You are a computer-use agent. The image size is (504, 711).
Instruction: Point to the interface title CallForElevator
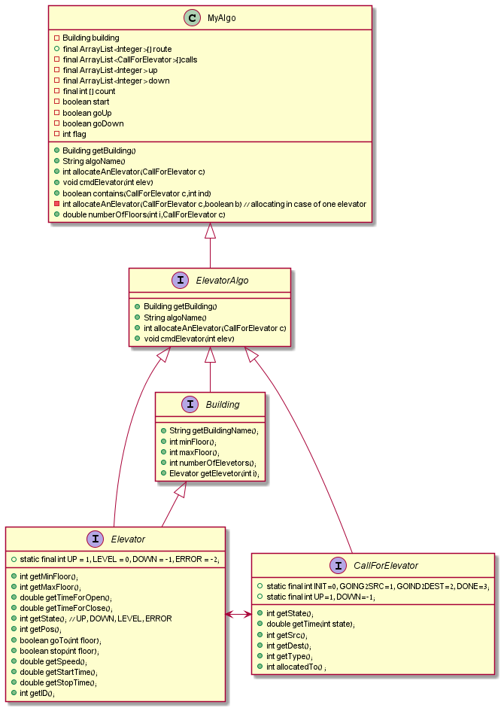click(x=385, y=566)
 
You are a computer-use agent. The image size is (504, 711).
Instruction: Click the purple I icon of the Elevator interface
click(x=96, y=539)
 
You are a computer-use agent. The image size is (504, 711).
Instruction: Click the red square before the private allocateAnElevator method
click(x=57, y=204)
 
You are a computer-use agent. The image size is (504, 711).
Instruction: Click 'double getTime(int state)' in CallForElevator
click(x=311, y=624)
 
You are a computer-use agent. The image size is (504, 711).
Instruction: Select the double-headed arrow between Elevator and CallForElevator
click(x=238, y=615)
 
